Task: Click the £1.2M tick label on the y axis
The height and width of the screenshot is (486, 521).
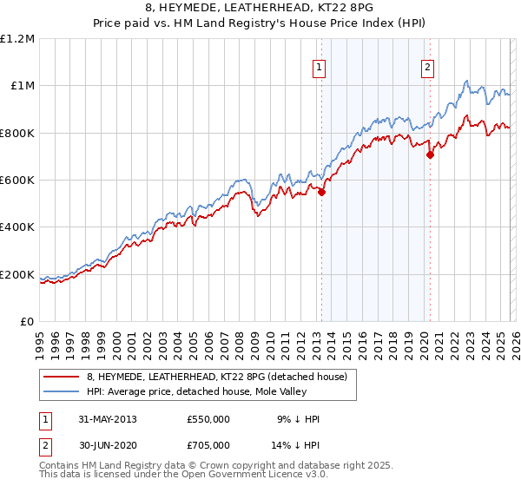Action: tap(17, 39)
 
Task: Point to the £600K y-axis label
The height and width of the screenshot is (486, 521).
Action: tap(17, 181)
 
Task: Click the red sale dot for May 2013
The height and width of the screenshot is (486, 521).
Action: tap(321, 193)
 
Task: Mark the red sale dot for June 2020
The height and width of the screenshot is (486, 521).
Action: tap(430, 156)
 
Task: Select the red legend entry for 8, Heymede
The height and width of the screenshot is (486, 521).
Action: tap(217, 377)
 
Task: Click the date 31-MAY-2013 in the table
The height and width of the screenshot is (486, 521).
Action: tap(108, 418)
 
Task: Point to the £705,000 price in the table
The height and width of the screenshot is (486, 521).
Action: tap(208, 444)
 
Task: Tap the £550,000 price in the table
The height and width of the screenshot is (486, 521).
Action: tap(208, 418)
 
